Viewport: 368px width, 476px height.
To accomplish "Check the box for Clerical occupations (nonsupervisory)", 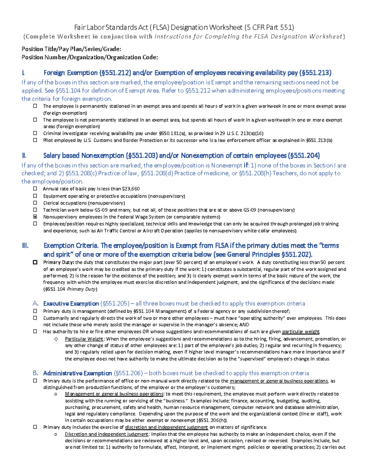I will (35, 203).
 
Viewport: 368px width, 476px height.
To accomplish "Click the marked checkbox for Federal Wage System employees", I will (35, 217).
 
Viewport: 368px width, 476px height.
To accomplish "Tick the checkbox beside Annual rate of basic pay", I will (35, 189).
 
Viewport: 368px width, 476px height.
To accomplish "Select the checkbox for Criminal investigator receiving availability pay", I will (35, 133).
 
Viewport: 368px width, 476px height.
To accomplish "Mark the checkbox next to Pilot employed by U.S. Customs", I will (35, 140).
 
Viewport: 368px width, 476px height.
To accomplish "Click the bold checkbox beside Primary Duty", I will (35, 262).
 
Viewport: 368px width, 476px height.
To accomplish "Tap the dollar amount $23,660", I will (131, 189).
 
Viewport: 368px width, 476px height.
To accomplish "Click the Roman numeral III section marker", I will (25, 246).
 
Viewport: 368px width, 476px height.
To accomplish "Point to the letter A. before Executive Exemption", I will (36, 303).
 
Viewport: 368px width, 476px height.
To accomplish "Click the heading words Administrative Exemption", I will (77, 373).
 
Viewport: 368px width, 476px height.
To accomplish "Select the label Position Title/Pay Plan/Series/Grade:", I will (71, 49).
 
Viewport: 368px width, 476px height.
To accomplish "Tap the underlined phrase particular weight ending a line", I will (301, 332).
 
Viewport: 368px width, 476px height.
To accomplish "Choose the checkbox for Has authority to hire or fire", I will (35, 331).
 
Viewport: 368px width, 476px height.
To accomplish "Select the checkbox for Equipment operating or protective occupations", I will (35, 196).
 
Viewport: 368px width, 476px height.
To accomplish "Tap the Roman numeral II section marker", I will (24, 155).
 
